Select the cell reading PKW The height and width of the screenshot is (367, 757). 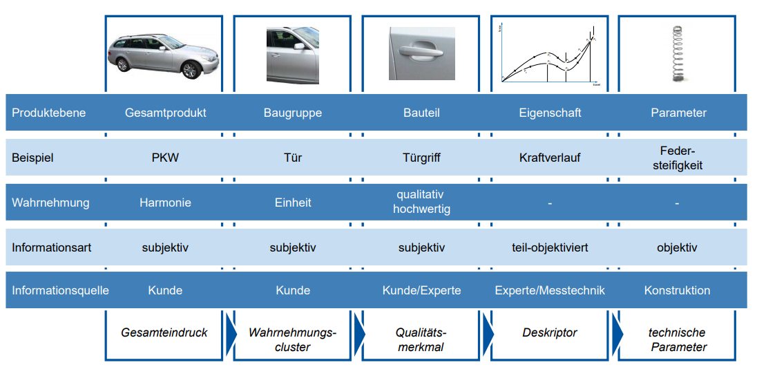coord(165,158)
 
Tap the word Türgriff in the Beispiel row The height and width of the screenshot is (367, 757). coord(421,158)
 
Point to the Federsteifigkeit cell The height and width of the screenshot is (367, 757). coord(678,158)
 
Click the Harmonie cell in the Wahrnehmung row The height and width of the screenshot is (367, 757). coord(165,203)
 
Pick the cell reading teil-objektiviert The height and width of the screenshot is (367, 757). coord(550,247)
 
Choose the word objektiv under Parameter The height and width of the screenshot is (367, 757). coord(678,247)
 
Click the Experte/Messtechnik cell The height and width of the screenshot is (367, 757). coord(550,291)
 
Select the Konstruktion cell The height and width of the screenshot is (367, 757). coord(677,291)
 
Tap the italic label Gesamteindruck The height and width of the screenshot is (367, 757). coord(164,332)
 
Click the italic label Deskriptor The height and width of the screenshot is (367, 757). coord(550,332)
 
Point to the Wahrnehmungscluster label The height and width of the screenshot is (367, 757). coord(293,339)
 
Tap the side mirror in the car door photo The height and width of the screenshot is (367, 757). coord(299,47)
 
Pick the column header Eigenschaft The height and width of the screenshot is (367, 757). coord(550,113)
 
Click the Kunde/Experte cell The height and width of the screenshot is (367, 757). coord(421,291)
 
